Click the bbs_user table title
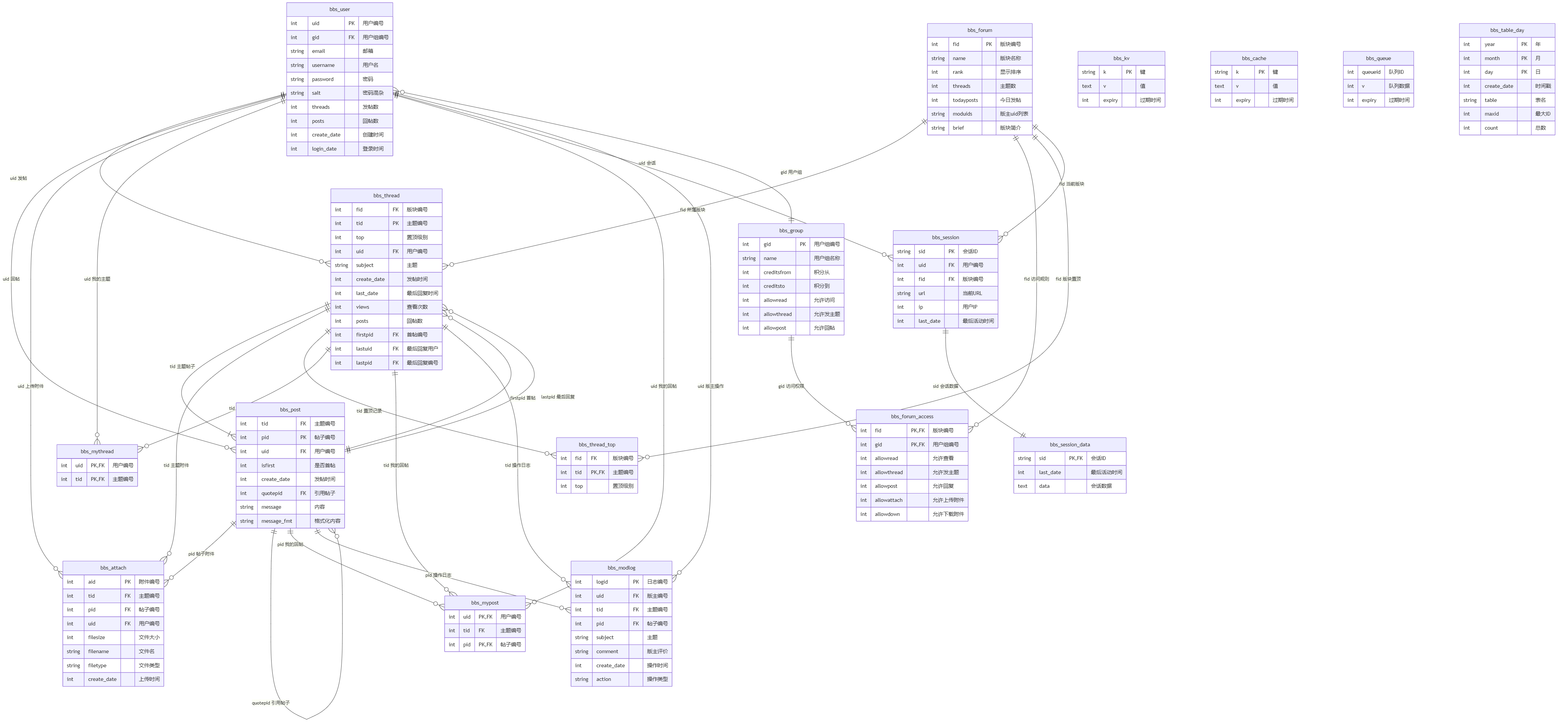pyautogui.click(x=339, y=10)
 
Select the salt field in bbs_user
pyautogui.click(x=316, y=93)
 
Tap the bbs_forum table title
pyautogui.click(x=979, y=30)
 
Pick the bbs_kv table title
pyautogui.click(x=1121, y=59)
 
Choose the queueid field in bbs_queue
pyautogui.click(x=1370, y=72)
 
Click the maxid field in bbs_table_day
pyautogui.click(x=1491, y=114)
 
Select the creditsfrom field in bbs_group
pyautogui.click(x=777, y=273)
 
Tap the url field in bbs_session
pyautogui.click(x=921, y=293)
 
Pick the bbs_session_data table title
pyautogui.click(x=1069, y=444)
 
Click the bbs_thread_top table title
pyautogui.click(x=596, y=444)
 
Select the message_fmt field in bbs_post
pyautogui.click(x=277, y=521)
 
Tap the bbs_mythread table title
pyautogui.click(x=97, y=452)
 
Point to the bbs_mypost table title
pyautogui.click(x=485, y=603)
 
